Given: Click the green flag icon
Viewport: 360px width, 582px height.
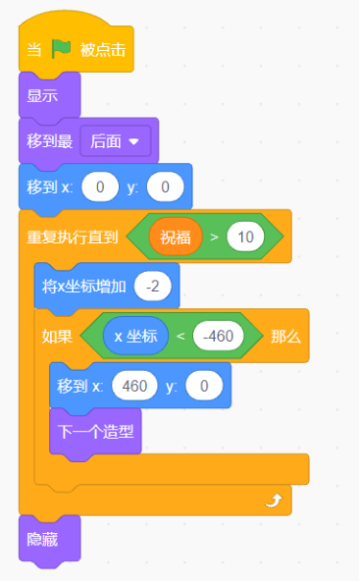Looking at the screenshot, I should [x=61, y=48].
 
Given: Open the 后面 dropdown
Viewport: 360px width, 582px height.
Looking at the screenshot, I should [x=114, y=140].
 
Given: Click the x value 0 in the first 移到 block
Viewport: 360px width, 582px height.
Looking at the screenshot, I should [x=100, y=186].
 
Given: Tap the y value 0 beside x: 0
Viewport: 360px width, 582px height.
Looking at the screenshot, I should [x=165, y=186].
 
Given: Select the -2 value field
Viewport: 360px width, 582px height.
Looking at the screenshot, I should [x=153, y=286].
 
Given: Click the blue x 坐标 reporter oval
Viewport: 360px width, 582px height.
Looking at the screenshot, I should [x=135, y=336].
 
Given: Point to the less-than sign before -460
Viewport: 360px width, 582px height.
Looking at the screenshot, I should [x=180, y=336].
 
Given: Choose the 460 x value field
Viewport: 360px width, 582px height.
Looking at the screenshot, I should [x=135, y=386].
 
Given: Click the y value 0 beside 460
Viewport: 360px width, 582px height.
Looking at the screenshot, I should [x=204, y=386].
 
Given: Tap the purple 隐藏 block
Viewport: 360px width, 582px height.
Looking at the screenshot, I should [x=43, y=539].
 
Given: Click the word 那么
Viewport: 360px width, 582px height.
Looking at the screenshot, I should [x=285, y=336].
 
